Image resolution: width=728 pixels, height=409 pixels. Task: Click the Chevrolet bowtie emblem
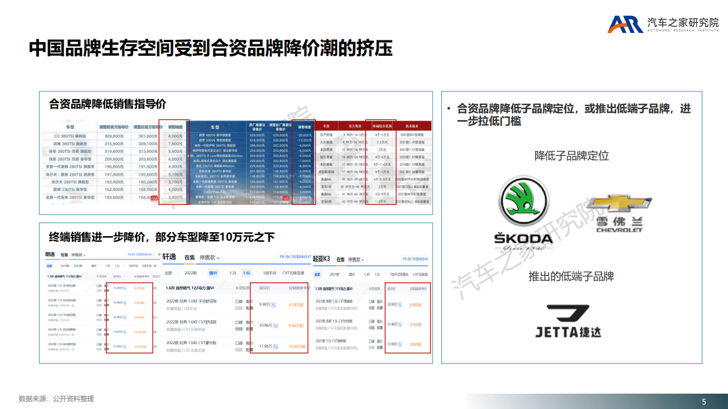pyautogui.click(x=619, y=203)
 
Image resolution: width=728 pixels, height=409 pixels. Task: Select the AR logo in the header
pyautogui.click(x=625, y=24)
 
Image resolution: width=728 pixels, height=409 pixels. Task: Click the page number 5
pyautogui.click(x=704, y=402)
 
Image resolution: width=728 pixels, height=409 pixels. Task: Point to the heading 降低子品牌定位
pyautogui.click(x=571, y=155)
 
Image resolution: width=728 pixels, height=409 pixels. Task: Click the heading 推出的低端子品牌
pyautogui.click(x=571, y=276)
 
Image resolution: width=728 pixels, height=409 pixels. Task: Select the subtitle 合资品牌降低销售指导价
pyautogui.click(x=108, y=104)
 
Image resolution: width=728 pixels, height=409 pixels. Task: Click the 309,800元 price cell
pyautogui.click(x=114, y=137)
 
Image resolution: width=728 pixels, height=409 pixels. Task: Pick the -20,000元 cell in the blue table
pyautogui.click(x=305, y=134)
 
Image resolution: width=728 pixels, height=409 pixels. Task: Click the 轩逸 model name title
pyautogui.click(x=169, y=257)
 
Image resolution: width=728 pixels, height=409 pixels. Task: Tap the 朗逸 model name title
pyautogui.click(x=50, y=254)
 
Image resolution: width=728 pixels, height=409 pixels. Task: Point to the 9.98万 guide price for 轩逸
pyautogui.click(x=265, y=305)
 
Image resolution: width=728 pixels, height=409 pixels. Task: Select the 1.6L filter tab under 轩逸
pyautogui.click(x=246, y=273)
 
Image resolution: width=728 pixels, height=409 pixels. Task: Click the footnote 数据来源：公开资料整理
pyautogui.click(x=56, y=399)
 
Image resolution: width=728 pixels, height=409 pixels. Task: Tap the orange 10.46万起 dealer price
pyautogui.click(x=297, y=346)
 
